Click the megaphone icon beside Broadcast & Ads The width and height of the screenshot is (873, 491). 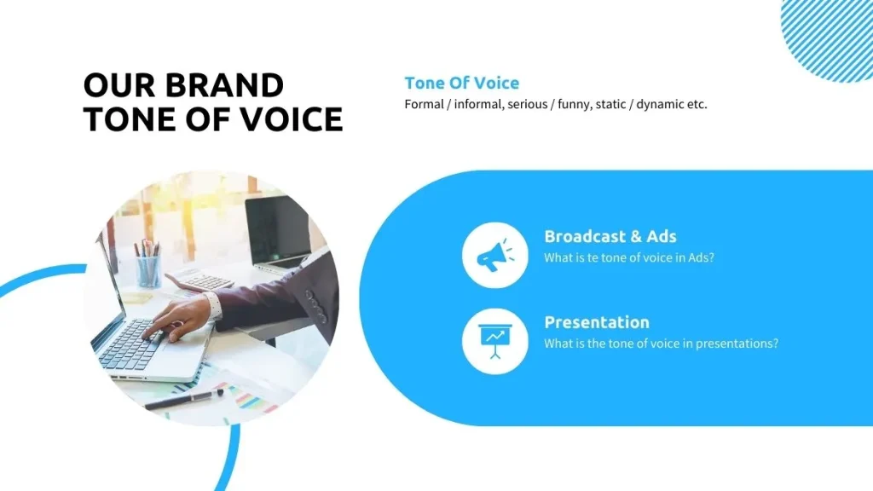(494, 254)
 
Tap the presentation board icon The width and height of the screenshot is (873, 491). (494, 340)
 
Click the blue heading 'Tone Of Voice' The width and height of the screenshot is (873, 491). (461, 83)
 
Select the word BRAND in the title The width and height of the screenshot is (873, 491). (223, 85)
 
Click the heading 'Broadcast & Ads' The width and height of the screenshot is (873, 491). (610, 236)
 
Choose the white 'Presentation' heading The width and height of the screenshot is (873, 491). (597, 322)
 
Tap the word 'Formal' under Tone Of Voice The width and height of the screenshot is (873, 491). (424, 105)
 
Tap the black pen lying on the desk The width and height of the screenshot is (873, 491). (183, 398)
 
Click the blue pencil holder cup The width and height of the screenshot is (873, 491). (148, 271)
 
